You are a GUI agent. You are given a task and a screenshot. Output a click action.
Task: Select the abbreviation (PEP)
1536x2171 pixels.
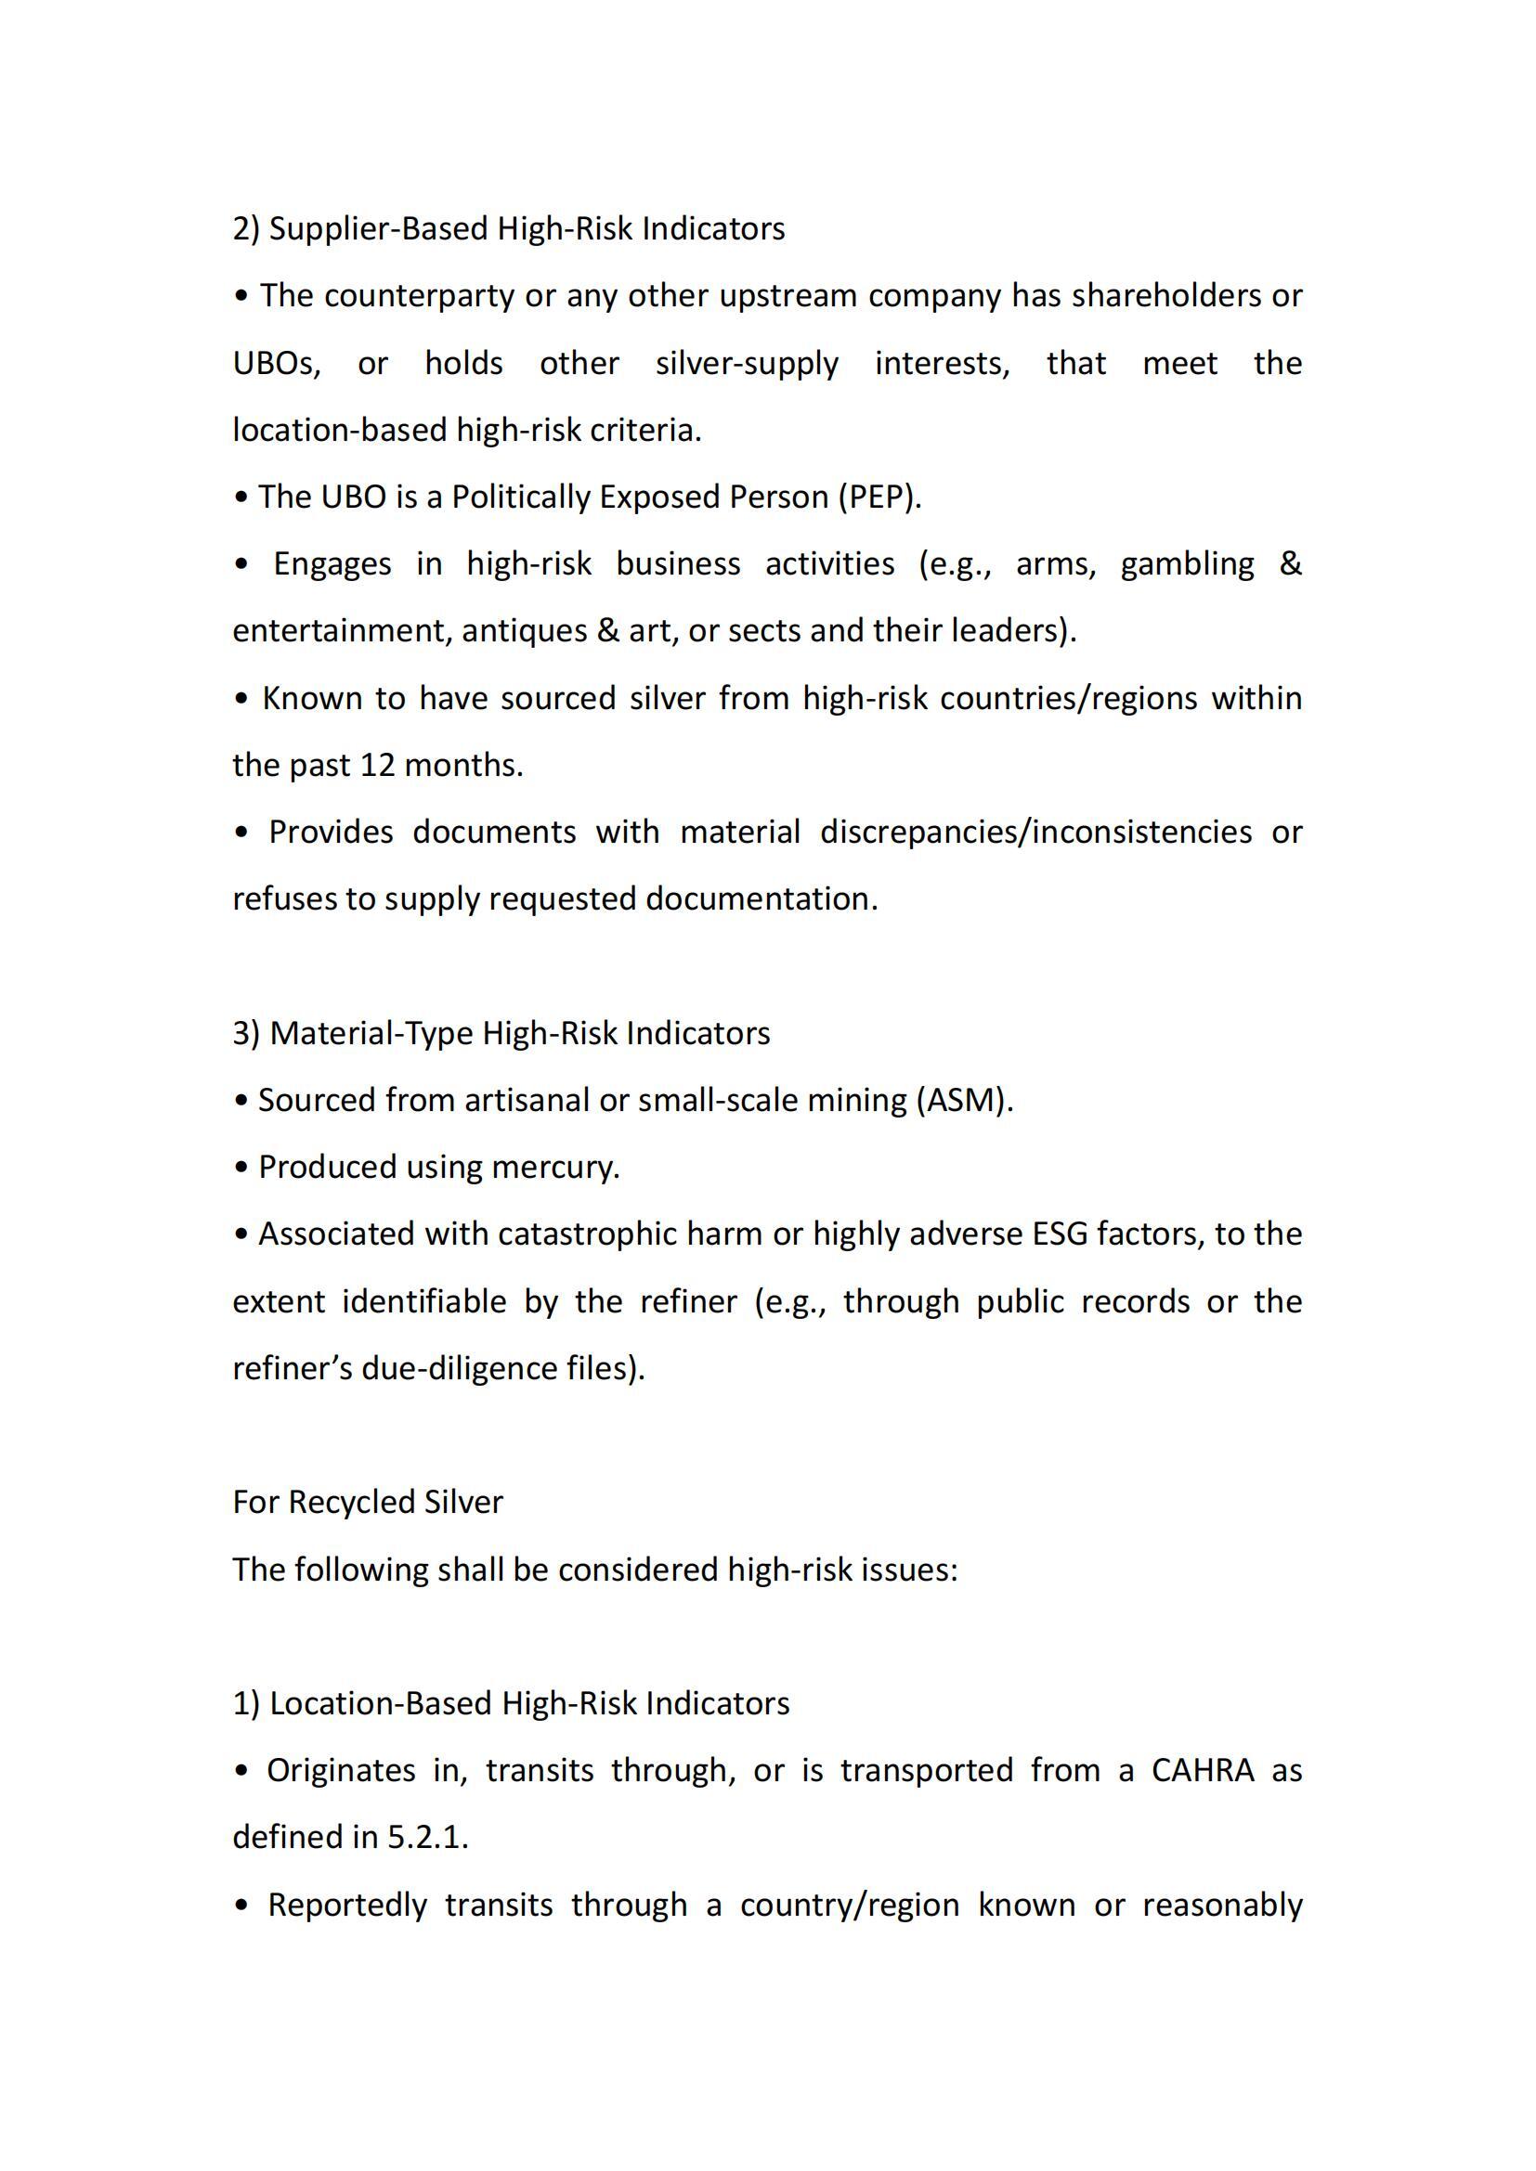click(879, 497)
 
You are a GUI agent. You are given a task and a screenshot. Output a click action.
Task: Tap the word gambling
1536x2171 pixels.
click(1187, 563)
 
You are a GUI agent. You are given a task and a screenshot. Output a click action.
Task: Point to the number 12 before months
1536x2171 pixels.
click(377, 765)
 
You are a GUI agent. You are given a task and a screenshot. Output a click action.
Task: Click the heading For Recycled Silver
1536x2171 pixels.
click(368, 1503)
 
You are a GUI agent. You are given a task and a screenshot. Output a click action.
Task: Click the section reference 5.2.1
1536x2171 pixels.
click(427, 1837)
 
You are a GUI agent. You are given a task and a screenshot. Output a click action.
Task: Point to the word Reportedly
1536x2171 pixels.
click(347, 1905)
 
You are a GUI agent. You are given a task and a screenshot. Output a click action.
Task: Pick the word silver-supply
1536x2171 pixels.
click(748, 363)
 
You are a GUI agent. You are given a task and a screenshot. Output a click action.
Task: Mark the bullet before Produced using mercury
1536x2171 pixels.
click(241, 1169)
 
